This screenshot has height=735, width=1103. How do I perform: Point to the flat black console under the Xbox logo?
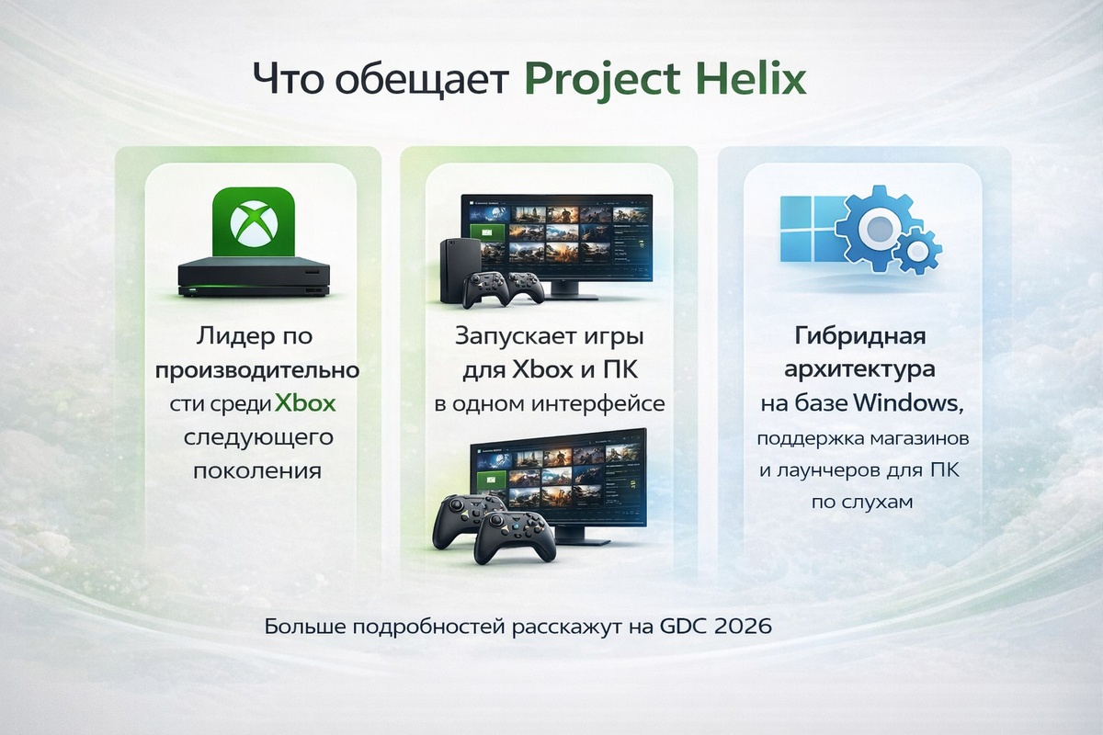(252, 276)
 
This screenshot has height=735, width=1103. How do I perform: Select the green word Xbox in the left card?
(306, 403)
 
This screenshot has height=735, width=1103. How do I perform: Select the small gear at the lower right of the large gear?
(916, 249)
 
